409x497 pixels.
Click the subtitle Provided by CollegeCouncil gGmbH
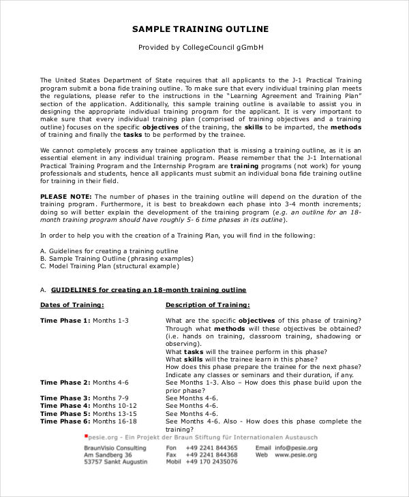(200, 48)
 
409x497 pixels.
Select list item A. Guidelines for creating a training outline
(108, 251)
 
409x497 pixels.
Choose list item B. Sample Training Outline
(116, 259)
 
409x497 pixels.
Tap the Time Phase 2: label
(65, 383)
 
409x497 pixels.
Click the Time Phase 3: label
(65, 398)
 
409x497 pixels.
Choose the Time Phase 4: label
(65, 406)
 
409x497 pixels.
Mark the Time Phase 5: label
(65, 413)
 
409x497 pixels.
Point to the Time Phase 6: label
(65, 421)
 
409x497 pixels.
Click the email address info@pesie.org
(296, 448)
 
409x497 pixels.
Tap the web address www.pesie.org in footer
(295, 455)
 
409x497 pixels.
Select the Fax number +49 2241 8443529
(212, 455)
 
